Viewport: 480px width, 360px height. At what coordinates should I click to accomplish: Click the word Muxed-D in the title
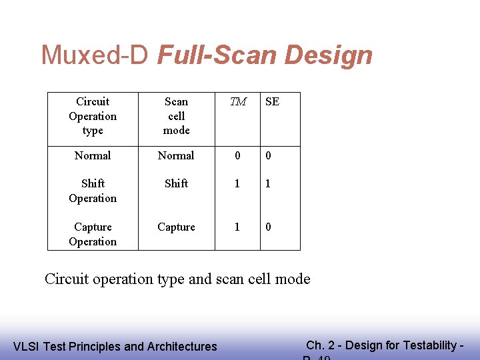click(95, 55)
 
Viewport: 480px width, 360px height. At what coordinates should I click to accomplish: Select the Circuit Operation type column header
click(93, 116)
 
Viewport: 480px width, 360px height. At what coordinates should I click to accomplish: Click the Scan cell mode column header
click(176, 116)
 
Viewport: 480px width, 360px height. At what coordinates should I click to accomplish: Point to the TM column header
click(238, 102)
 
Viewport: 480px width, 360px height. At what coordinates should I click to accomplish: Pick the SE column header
click(272, 102)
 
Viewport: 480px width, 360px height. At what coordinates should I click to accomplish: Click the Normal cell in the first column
click(93, 155)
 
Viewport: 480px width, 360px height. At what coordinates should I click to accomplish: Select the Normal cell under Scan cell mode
click(176, 155)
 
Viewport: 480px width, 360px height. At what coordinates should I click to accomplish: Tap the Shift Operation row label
click(93, 191)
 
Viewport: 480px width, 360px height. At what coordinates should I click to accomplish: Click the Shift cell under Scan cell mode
click(176, 183)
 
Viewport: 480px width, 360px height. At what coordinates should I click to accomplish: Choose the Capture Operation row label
click(93, 234)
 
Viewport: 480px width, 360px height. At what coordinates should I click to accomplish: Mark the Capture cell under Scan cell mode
click(176, 227)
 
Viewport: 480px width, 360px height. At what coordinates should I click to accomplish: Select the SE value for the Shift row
click(269, 183)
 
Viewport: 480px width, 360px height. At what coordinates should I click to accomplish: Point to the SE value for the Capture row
click(269, 227)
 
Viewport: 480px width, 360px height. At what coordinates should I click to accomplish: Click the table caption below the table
click(177, 279)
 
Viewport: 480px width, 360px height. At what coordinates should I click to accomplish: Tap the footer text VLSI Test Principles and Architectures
click(115, 346)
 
